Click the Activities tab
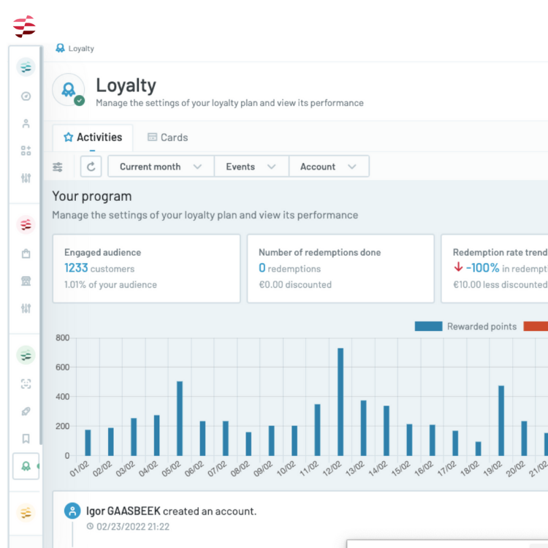pos(93,137)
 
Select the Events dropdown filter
pos(251,167)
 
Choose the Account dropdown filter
pos(328,167)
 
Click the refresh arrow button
pos(91,167)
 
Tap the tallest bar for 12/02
pos(340,402)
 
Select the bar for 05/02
pos(180,418)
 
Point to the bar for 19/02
pos(501,420)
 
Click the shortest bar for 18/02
pos(478,448)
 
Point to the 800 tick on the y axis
pos(62,338)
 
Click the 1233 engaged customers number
pos(76,268)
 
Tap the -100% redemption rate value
pos(483,268)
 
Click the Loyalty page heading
pos(126,85)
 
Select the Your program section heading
pos(92,197)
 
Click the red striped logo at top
pos(24,26)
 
